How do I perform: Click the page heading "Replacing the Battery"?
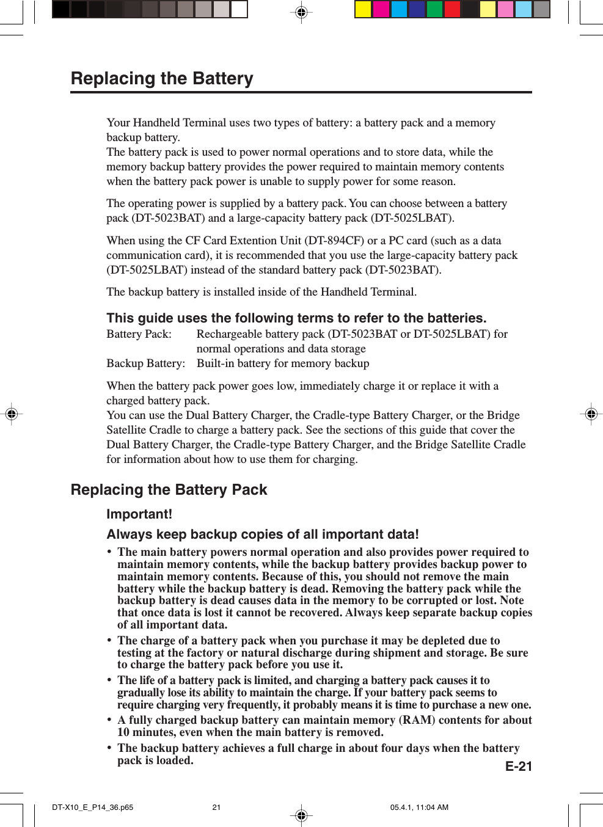[162, 79]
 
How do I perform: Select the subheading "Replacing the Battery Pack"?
[169, 490]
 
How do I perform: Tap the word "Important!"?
[139, 514]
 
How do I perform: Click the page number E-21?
[518, 767]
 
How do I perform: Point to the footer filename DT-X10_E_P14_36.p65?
[93, 807]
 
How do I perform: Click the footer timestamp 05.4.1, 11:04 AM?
[419, 807]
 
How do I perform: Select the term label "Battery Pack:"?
[139, 334]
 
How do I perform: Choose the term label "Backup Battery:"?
[145, 363]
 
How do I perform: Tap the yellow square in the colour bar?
[364, 9]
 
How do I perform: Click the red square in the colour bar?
[452, 9]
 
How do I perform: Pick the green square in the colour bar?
[434, 9]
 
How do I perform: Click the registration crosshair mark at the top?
[301, 12]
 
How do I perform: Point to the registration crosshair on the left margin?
[11, 414]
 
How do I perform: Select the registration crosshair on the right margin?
[591, 414]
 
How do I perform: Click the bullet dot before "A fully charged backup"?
[109, 720]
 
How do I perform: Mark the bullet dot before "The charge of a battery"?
[109, 641]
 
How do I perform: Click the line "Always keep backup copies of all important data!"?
[263, 534]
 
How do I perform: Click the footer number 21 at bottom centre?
[216, 807]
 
